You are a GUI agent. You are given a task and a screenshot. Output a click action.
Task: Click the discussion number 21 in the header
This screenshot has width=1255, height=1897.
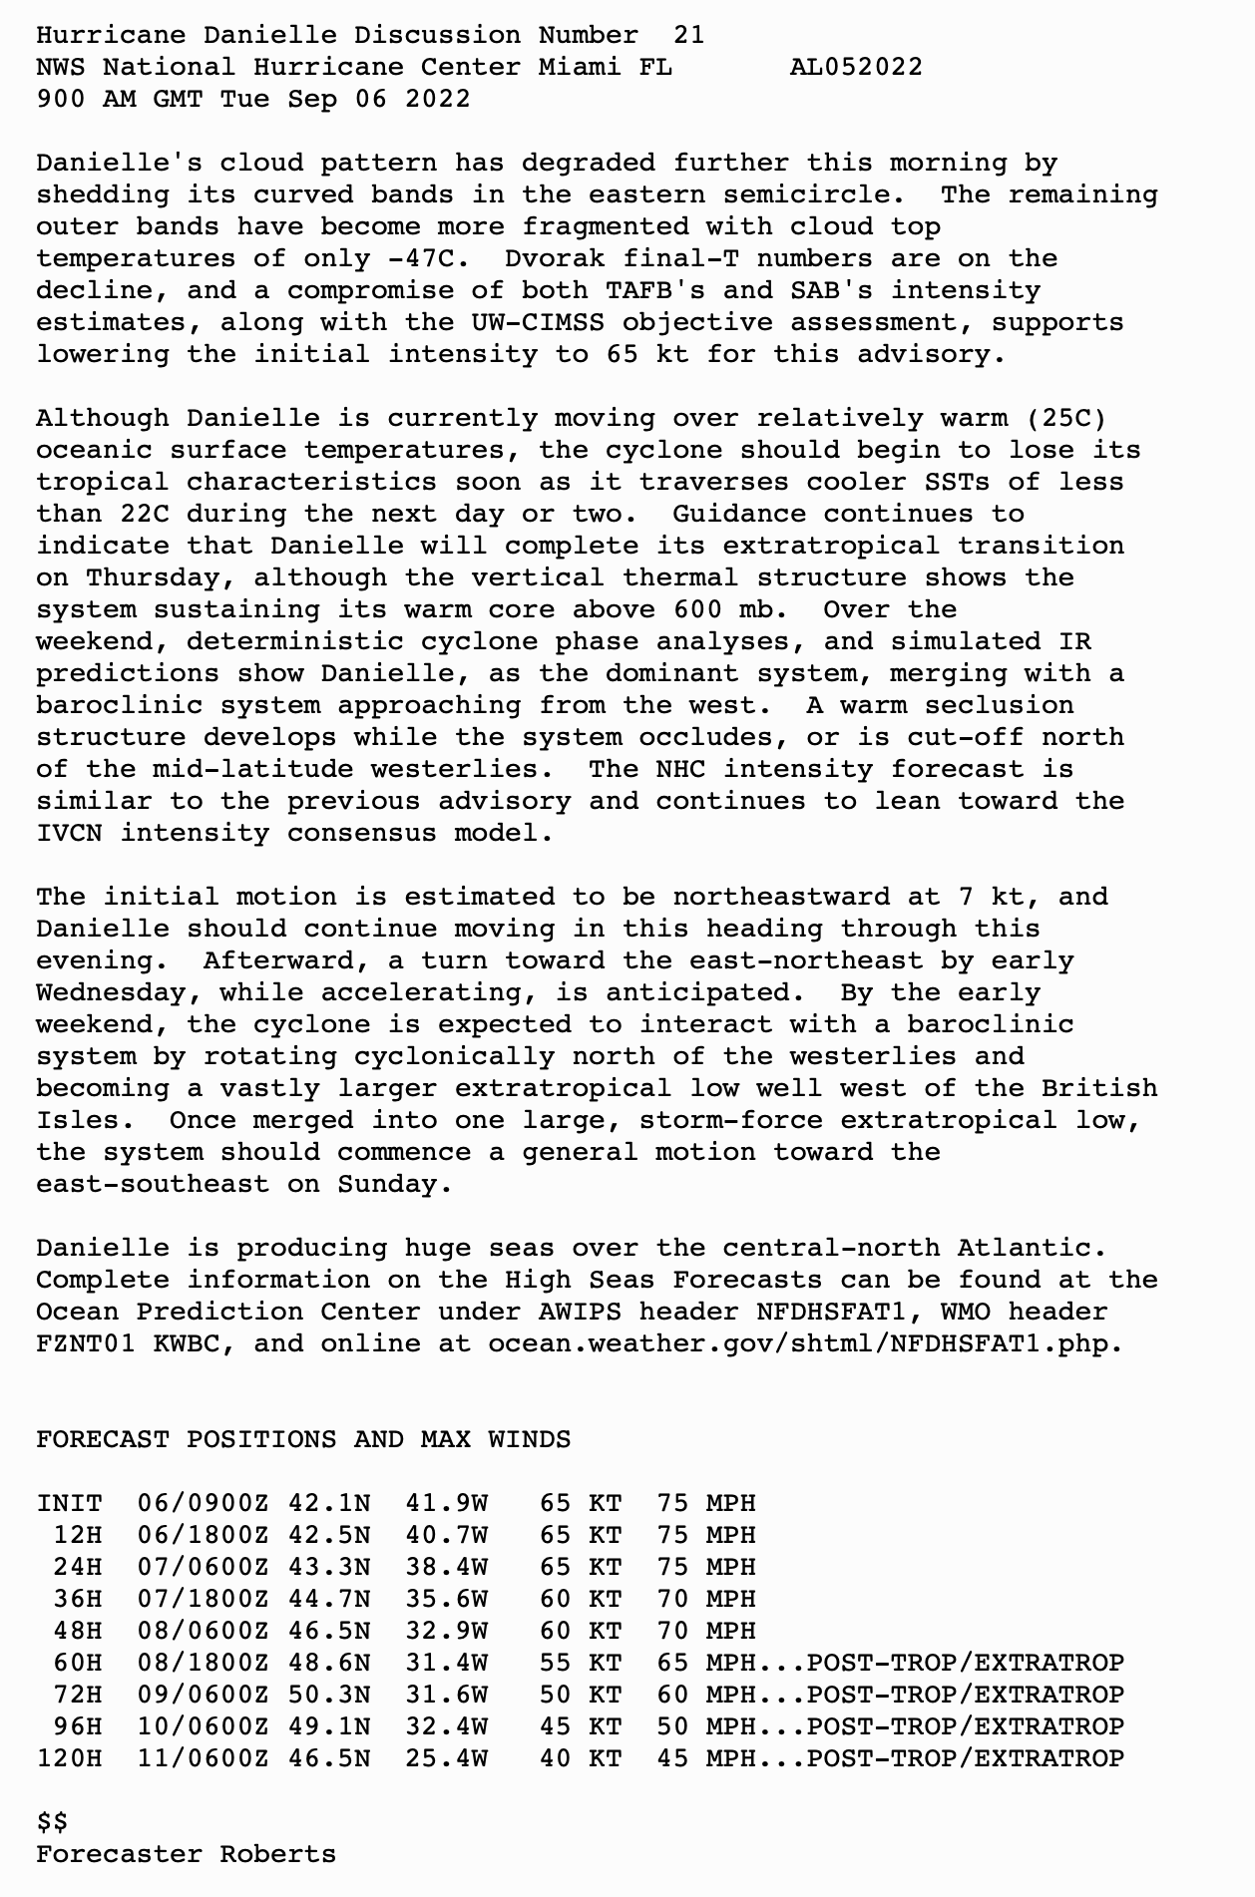click(x=688, y=35)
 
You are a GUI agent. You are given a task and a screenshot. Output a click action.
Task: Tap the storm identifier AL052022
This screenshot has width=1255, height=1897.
click(x=856, y=67)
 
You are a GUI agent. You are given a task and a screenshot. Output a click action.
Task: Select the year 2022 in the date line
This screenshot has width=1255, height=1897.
click(x=438, y=99)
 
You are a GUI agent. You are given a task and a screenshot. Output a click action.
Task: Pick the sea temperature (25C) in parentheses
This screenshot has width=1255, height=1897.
click(x=1065, y=418)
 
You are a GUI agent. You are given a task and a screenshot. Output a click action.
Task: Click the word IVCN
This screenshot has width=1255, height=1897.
click(x=70, y=833)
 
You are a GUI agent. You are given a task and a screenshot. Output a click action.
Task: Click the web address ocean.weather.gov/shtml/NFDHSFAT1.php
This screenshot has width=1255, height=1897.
click(x=804, y=1343)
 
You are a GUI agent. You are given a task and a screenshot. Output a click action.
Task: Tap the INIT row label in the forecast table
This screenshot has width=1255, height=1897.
click(x=70, y=1503)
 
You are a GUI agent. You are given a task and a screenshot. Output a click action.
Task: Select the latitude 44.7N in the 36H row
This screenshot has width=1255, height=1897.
click(x=329, y=1599)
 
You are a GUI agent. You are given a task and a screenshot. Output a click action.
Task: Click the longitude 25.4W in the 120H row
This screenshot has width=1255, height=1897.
click(x=446, y=1758)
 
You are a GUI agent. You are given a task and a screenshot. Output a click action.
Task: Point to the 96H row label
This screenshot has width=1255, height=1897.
click(x=78, y=1726)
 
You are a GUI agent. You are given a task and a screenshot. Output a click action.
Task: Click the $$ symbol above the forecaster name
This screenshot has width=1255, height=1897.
click(x=53, y=1822)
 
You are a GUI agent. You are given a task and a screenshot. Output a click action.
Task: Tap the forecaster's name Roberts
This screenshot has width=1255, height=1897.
click(x=278, y=1854)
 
